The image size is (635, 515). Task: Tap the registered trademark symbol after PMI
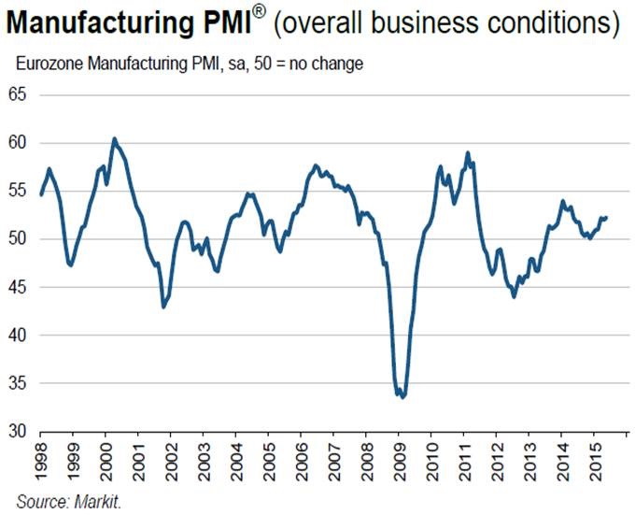(x=259, y=12)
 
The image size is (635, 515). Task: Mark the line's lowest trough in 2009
(x=402, y=397)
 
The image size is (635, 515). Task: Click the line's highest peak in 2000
(x=114, y=138)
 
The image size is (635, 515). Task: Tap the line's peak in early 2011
(x=467, y=152)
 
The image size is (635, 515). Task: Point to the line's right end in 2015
(x=607, y=217)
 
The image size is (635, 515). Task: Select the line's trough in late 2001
(x=163, y=307)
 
